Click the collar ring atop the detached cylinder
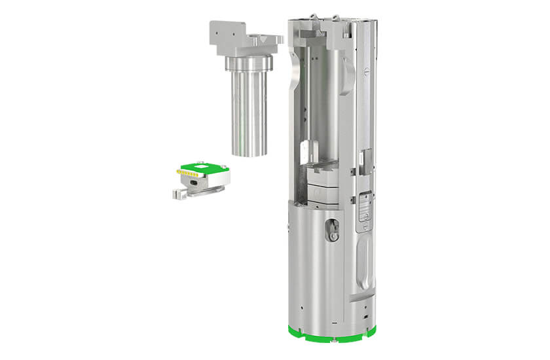click(249, 64)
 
